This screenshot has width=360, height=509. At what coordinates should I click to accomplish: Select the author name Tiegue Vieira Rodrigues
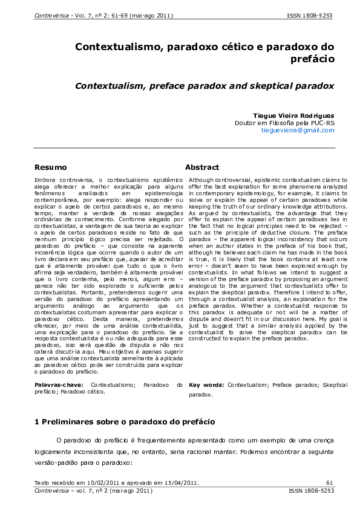293,115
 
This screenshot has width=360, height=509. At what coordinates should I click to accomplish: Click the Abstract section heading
202,167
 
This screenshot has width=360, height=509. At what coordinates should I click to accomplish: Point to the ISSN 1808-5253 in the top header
310,14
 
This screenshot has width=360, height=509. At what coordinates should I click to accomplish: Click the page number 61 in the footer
330,482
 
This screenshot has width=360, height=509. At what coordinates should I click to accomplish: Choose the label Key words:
207,384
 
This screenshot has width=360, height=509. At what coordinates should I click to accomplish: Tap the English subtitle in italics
205,86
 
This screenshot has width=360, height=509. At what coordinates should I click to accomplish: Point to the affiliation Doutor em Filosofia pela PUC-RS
284,123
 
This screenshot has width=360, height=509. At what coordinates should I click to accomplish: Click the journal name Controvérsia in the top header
50,14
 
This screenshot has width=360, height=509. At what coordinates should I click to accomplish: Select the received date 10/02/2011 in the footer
91,482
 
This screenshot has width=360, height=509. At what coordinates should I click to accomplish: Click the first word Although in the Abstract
202,180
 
